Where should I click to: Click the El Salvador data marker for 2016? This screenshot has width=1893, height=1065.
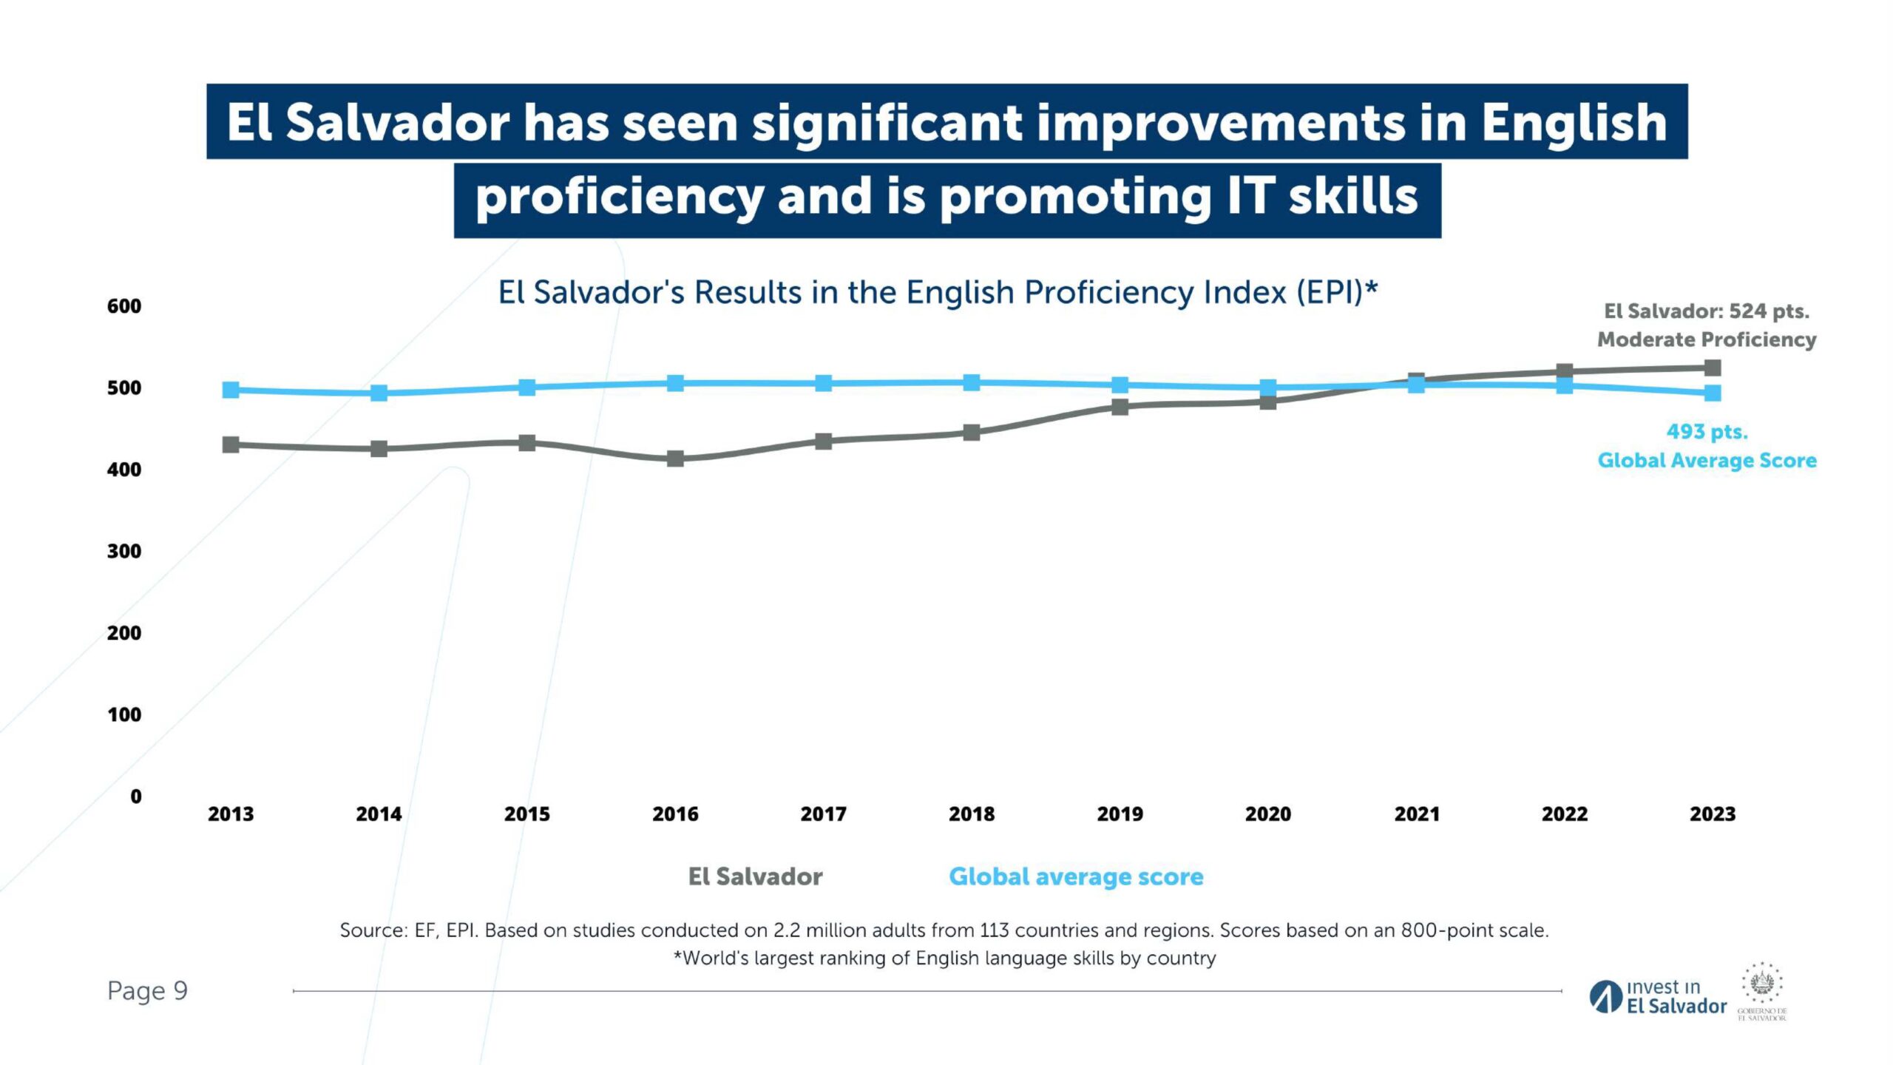[675, 459]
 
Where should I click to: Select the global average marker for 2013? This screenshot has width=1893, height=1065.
[231, 390]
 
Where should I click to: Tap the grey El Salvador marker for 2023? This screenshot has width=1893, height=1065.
[1713, 368]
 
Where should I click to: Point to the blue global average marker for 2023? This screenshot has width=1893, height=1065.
[1713, 393]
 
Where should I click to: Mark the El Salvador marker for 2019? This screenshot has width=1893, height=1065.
[1120, 407]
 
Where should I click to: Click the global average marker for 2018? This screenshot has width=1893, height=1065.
[972, 382]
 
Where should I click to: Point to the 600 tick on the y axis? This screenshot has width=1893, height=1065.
[123, 306]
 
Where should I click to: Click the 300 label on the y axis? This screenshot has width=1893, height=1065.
[123, 551]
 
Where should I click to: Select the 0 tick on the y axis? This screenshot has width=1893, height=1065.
[135, 797]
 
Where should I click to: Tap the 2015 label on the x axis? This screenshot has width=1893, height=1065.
[527, 814]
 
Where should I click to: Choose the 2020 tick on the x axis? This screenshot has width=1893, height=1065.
[1268, 814]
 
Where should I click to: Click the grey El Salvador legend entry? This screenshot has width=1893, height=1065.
[755, 876]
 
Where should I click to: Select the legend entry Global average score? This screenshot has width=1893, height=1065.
[1076, 876]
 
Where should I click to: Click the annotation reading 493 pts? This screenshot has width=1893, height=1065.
[1707, 432]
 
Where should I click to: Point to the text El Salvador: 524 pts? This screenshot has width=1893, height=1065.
[1707, 311]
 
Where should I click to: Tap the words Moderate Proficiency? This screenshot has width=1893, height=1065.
[1707, 339]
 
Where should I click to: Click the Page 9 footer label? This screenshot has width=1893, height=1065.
[147, 990]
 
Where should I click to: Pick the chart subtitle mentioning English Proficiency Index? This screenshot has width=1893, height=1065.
[938, 293]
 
